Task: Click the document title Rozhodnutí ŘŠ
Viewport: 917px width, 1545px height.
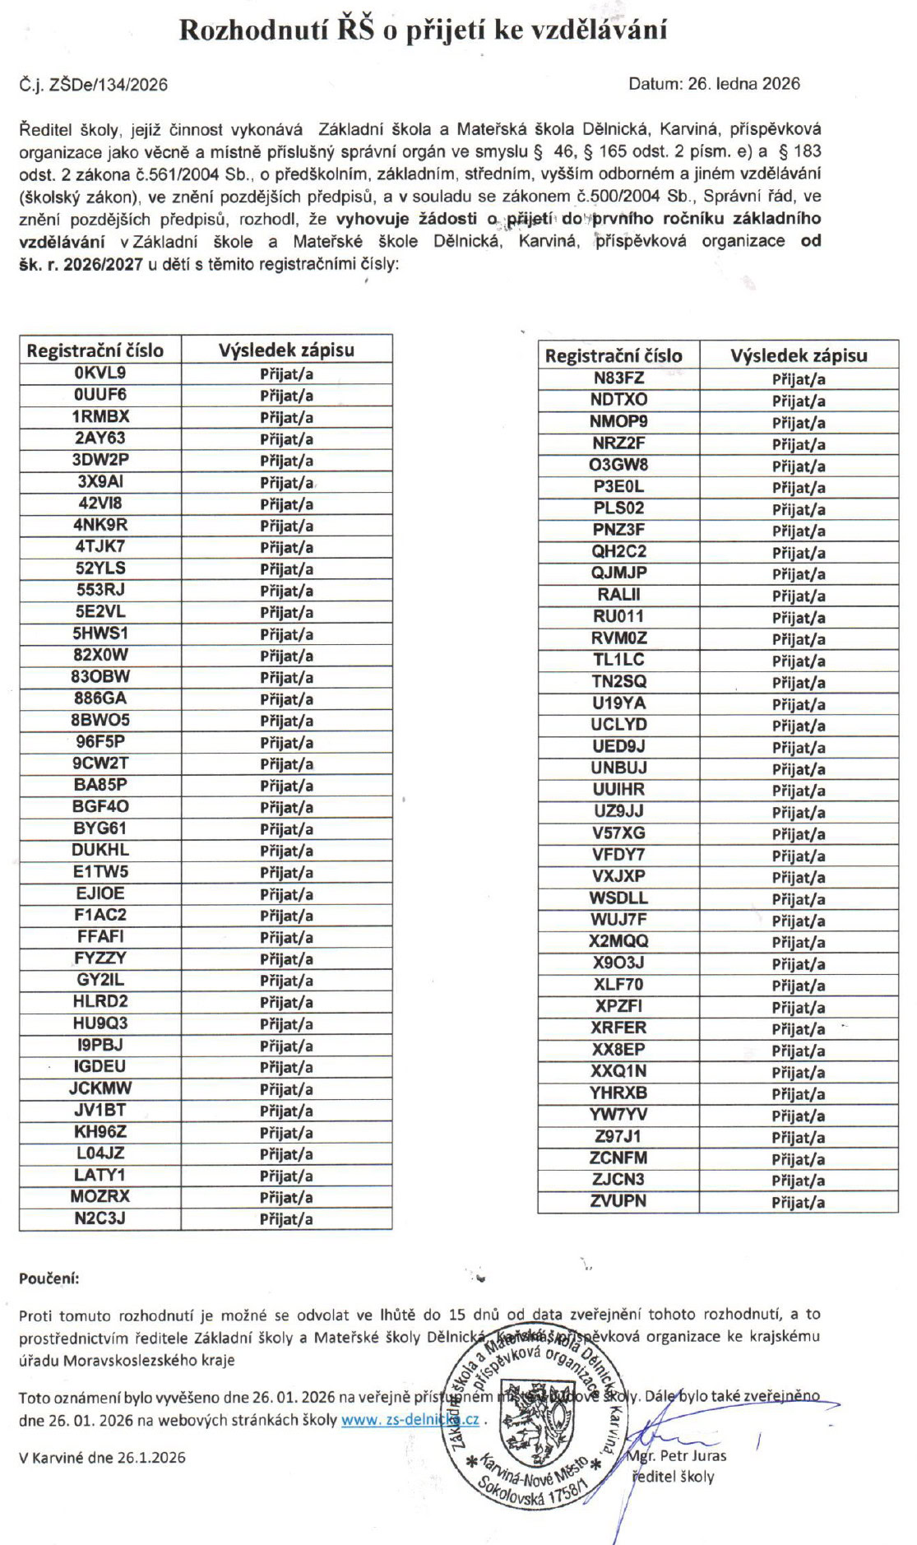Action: (423, 30)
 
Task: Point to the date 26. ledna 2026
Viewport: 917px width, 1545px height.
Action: (714, 83)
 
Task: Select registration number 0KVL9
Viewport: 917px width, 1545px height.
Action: (100, 373)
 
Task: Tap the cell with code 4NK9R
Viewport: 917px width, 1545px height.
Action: (100, 525)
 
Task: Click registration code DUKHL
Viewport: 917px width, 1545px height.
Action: (100, 850)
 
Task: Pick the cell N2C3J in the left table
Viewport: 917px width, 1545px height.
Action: (100, 1218)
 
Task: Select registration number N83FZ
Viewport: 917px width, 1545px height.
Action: (618, 378)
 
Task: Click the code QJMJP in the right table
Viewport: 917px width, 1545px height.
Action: (618, 573)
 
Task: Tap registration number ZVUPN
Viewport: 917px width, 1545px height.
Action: (618, 1201)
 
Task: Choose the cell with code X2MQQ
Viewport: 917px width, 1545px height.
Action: (618, 941)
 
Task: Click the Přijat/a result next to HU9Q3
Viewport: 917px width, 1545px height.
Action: (286, 1024)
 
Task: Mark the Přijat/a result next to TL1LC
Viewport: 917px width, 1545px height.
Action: (798, 661)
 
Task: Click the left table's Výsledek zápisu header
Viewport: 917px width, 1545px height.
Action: (286, 350)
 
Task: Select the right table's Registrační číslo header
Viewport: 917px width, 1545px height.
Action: (614, 355)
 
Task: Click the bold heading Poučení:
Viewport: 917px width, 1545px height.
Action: (49, 1278)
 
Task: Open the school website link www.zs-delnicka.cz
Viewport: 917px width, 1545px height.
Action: (410, 1419)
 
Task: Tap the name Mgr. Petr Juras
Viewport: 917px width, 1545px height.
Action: (678, 1455)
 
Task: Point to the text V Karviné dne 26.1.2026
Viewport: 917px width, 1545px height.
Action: (102, 1457)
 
